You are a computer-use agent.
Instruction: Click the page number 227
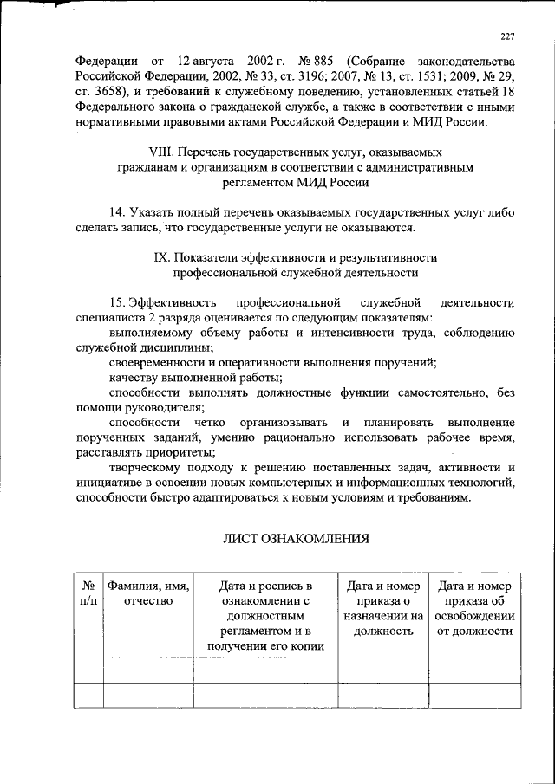(507, 36)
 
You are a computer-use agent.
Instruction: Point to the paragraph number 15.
(118, 302)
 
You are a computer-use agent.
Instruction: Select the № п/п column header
(88, 593)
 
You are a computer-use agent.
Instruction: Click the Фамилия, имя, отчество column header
(148, 593)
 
